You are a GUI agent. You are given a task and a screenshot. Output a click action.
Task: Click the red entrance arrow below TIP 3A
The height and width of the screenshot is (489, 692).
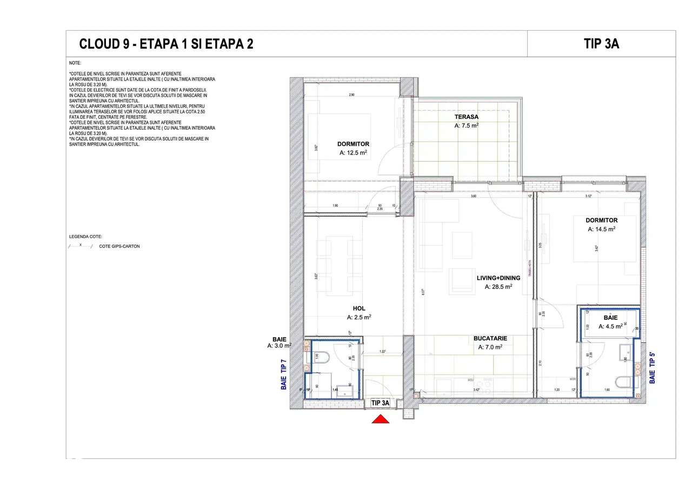pos(381,419)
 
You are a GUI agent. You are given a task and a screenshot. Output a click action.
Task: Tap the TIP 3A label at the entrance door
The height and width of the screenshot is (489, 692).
pos(381,403)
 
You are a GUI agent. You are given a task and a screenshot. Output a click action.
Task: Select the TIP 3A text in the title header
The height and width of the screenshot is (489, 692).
pos(601,44)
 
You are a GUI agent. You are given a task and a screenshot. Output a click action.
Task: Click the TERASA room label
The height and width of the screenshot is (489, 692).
pos(466,117)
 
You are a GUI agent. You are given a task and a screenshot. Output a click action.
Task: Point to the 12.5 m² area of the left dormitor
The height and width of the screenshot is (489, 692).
pos(354,153)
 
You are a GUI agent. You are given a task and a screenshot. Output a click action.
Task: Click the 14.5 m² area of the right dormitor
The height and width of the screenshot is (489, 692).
pos(602,229)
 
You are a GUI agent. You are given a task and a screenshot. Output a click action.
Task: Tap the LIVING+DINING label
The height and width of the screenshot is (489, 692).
pos(498,278)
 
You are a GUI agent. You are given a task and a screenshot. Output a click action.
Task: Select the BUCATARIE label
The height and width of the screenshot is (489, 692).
pos(490,338)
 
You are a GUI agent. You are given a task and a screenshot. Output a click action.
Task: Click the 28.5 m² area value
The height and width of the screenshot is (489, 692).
pos(498,287)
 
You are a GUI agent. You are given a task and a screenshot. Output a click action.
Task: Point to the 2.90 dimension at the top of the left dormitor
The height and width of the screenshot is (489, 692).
pos(351,95)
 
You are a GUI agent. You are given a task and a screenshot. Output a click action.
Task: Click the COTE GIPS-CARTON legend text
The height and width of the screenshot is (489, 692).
pos(119,246)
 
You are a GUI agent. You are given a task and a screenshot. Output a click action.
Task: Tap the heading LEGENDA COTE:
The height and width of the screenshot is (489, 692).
pos(85,237)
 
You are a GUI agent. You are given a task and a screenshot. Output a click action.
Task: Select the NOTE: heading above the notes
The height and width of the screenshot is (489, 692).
pos(75,63)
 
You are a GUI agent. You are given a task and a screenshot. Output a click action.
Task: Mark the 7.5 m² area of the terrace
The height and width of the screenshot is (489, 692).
pos(466,125)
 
